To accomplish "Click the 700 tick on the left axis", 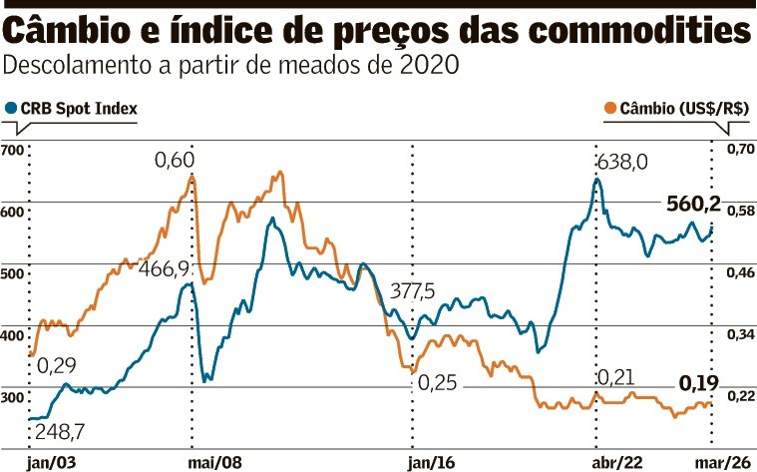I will (x=13, y=151).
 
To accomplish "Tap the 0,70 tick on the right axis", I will (x=739, y=150).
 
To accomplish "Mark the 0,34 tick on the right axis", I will (x=739, y=334).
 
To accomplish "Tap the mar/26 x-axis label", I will (x=720, y=462).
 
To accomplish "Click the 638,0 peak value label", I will (x=621, y=162).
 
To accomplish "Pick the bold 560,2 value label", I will (x=693, y=205).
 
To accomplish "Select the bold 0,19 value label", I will (x=698, y=381).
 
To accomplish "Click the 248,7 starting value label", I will (x=59, y=431).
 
